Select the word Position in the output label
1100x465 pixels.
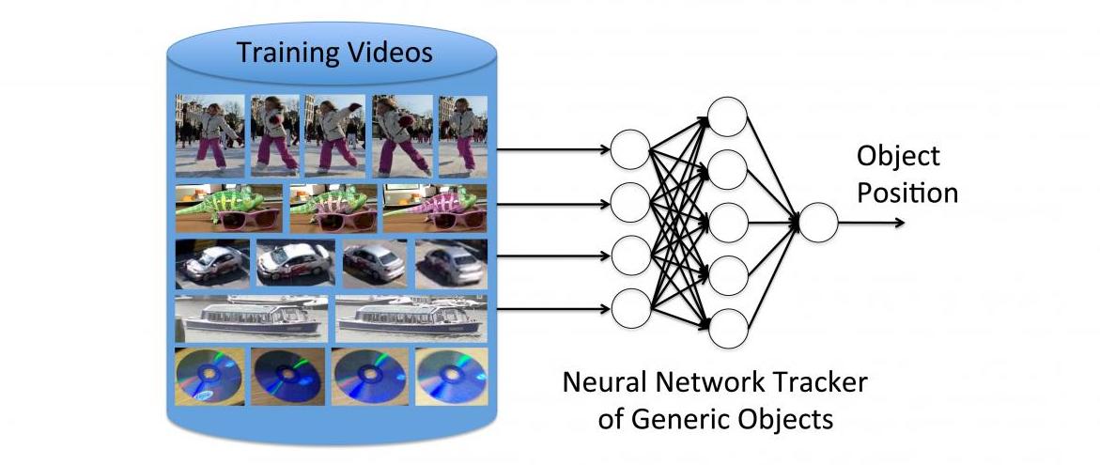tap(907, 193)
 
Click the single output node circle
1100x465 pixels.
tap(819, 223)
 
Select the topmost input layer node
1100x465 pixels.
tap(630, 149)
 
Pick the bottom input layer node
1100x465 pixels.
tap(630, 309)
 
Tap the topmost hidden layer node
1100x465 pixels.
tap(727, 116)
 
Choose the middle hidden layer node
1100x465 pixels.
tap(727, 223)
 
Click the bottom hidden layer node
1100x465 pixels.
tap(727, 328)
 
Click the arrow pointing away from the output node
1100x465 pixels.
tap(872, 223)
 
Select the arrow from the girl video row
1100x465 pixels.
tap(553, 149)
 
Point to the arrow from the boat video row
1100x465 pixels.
tap(553, 309)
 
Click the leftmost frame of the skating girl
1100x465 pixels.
tap(209, 135)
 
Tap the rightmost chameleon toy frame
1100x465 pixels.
tap(435, 208)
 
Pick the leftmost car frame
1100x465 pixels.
tap(212, 264)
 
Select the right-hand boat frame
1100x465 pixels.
tap(411, 318)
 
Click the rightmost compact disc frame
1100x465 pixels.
tap(451, 377)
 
